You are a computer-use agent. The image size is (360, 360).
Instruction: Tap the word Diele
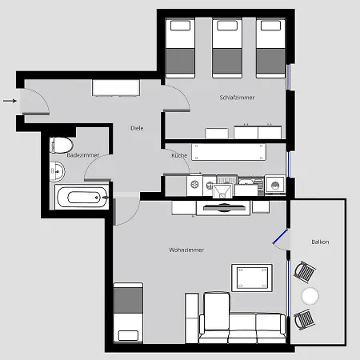(x=137, y=128)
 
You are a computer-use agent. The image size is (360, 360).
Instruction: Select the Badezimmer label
(x=82, y=154)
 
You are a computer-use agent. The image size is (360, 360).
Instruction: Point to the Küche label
(x=178, y=155)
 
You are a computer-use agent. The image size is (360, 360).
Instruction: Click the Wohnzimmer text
(x=186, y=250)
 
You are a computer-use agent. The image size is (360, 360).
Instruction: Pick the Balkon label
(x=321, y=242)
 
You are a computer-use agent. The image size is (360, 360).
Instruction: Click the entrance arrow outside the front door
(x=9, y=101)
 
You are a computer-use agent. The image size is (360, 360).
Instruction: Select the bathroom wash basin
(x=58, y=170)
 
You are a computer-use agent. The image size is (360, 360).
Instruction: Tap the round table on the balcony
(x=309, y=296)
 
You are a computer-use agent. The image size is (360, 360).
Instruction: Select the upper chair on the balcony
(x=305, y=272)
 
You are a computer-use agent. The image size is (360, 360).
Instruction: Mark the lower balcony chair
(x=305, y=320)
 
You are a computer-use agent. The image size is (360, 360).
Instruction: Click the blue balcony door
(x=280, y=238)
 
